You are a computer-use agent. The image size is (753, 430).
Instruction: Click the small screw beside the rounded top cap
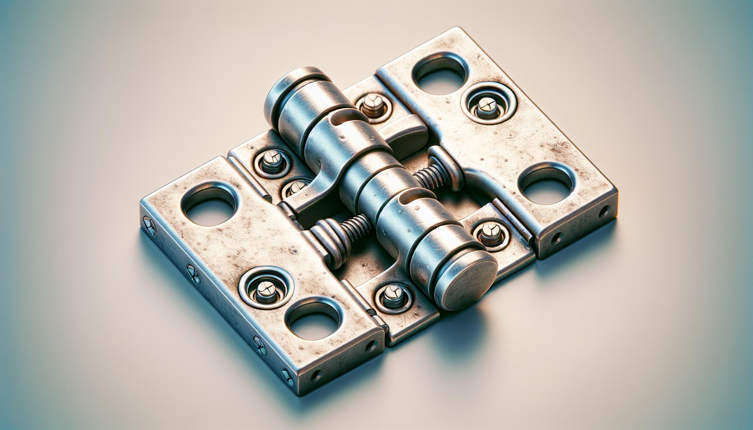pyautogui.click(x=371, y=105)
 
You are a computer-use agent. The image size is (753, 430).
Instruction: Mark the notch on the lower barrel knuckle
pyautogui.click(x=404, y=196)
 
